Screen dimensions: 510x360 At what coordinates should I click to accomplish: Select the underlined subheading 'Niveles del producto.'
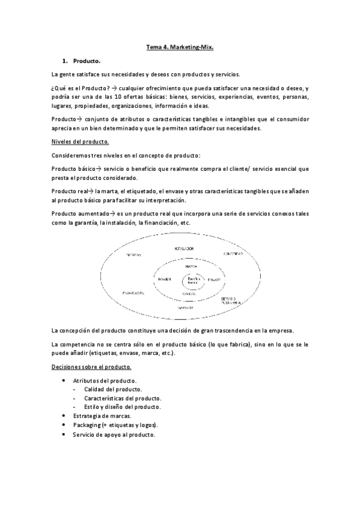(80, 141)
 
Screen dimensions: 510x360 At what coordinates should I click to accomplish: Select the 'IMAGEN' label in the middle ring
(165, 279)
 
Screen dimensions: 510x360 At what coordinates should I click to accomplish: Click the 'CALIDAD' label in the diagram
(192, 294)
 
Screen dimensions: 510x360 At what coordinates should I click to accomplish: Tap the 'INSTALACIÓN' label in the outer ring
(184, 248)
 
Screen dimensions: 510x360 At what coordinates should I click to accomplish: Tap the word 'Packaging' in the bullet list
(87, 425)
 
